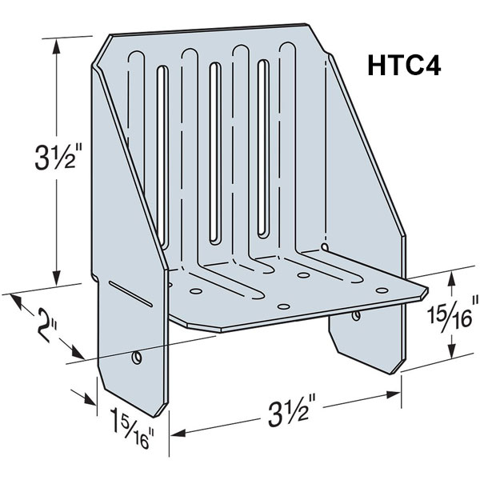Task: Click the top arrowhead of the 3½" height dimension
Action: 56,46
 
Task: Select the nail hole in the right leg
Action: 354,318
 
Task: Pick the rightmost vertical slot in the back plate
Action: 263,144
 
